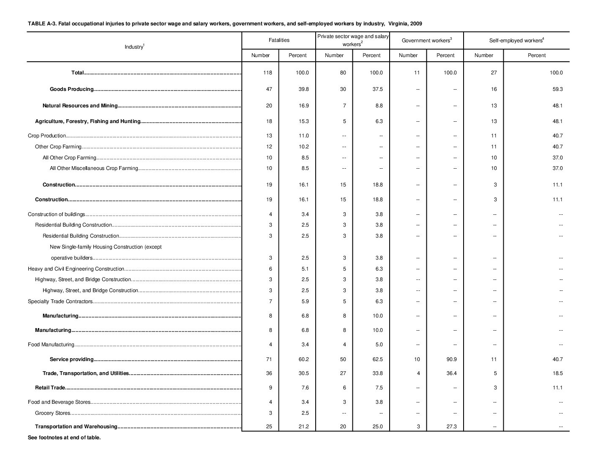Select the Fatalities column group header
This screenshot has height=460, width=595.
279,40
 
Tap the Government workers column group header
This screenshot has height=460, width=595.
426,41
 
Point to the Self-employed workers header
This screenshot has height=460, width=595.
516,41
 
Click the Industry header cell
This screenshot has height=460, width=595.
134,47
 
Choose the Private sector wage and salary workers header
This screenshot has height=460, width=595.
353,40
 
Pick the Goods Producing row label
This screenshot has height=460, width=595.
71,89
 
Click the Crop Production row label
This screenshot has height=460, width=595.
46,136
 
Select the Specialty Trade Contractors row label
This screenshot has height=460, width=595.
60,301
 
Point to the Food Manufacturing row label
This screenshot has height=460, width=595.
51,345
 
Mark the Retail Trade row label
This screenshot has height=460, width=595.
50,388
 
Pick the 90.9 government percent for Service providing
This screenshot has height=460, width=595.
451,359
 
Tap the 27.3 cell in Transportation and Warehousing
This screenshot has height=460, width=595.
451,427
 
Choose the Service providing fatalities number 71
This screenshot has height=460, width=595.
269,359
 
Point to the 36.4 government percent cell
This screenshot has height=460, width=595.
451,373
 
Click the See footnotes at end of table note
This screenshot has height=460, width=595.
64,438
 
